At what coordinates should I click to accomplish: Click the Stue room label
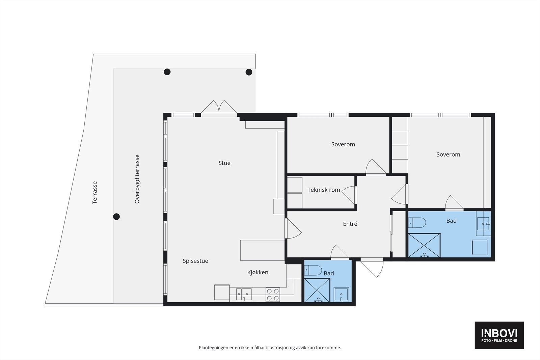pos(224,163)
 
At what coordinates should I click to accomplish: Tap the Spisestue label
pos(195,261)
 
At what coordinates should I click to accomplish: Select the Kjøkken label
pos(258,272)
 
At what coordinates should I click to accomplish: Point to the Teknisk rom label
pos(324,190)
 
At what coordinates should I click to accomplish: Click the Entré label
pos(350,224)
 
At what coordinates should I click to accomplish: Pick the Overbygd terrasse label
pos(137,179)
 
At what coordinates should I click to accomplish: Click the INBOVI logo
pos(499,335)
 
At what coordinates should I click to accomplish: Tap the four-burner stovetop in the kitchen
pos(273,295)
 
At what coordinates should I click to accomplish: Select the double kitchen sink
pos(244,294)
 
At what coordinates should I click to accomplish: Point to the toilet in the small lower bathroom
pos(313,270)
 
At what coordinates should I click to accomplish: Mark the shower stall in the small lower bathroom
pos(317,290)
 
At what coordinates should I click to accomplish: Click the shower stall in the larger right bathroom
pos(424,245)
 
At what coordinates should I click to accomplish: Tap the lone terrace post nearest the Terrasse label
pos(116,217)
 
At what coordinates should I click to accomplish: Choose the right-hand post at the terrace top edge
pos(249,72)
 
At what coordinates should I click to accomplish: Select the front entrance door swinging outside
pos(372,268)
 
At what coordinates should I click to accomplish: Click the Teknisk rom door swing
pos(349,195)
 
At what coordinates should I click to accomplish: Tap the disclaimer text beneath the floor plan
pos(270,348)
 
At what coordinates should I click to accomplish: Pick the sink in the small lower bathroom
pos(341,295)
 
